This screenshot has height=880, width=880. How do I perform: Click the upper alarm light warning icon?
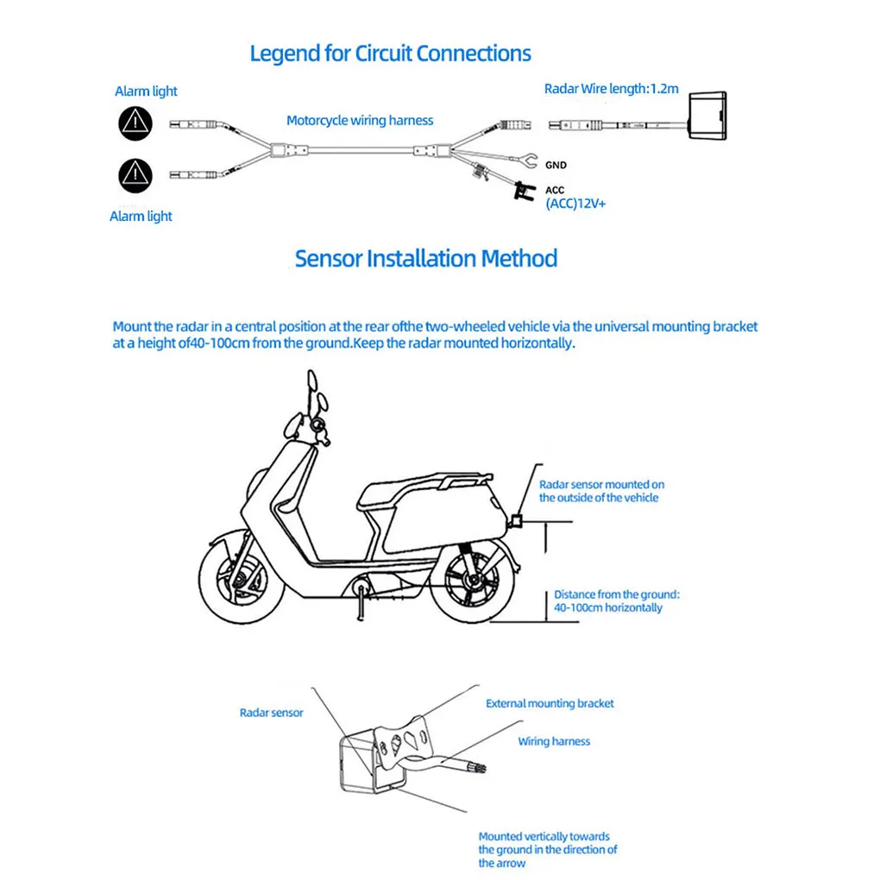point(135,123)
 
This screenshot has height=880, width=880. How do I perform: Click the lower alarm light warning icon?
point(135,176)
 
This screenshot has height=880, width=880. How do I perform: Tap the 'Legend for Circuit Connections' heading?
point(390,53)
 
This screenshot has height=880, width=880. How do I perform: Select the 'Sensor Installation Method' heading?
point(426,259)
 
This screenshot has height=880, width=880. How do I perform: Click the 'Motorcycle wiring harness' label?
point(360,120)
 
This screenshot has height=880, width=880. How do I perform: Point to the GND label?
point(556,165)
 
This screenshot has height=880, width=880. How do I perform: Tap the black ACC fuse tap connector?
point(525,192)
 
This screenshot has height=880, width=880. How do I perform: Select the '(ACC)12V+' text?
point(575,204)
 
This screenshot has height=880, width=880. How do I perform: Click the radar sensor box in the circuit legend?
point(707,116)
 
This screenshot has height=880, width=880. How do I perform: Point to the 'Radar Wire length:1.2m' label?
point(611,89)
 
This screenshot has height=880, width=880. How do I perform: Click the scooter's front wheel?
point(242,577)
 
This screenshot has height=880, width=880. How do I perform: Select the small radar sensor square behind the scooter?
point(516,521)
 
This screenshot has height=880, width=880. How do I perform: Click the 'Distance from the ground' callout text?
point(616,601)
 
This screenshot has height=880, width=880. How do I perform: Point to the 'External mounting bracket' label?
point(550,703)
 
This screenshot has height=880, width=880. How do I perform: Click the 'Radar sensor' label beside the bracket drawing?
point(271,713)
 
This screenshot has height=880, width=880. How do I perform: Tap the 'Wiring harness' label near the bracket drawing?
point(554,741)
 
